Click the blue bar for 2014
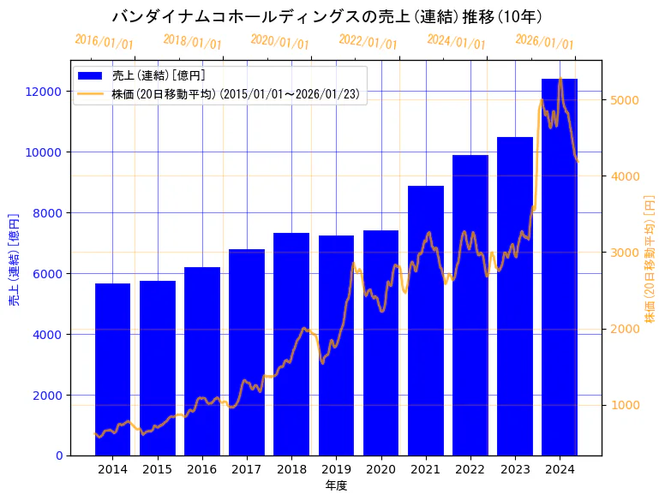[112, 369]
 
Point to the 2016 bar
[202, 360]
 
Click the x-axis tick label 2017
[247, 469]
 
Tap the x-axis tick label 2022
[470, 469]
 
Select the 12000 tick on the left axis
[45, 92]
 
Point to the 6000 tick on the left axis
[48, 274]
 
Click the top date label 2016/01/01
[104, 42]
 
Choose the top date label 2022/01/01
[368, 42]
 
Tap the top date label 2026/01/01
[544, 42]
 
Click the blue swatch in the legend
[90, 76]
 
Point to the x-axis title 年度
[336, 485]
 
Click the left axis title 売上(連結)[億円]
[14, 259]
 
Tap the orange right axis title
[650, 259]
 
